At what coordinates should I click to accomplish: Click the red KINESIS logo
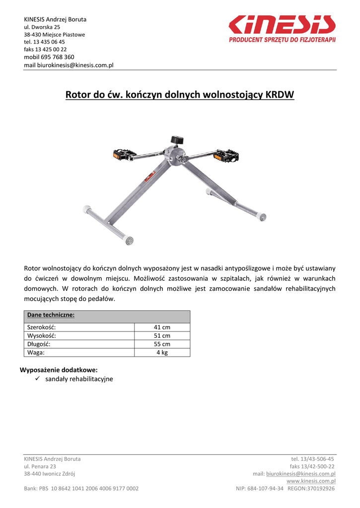[282, 25]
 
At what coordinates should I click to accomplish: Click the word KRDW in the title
[280, 94]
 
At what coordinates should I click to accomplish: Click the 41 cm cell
[162, 327]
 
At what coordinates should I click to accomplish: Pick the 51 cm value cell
[162, 336]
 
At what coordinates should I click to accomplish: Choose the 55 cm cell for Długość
[162, 344]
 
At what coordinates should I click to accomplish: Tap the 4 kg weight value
[162, 353]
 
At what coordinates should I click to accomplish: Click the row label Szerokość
[41, 327]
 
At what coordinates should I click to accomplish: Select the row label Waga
[36, 353]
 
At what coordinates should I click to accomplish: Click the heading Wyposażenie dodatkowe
[59, 370]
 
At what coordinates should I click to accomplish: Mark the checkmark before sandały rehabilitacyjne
[38, 379]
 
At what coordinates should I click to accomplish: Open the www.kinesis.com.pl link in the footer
[311, 481]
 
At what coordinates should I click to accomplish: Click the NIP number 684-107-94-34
[265, 489]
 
